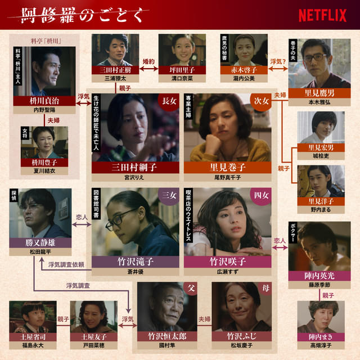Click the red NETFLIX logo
tap(322, 15)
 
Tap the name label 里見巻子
tap(227, 167)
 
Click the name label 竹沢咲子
tap(227, 262)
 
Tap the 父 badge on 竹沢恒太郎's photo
tap(191, 288)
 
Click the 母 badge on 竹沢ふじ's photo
tap(265, 288)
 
